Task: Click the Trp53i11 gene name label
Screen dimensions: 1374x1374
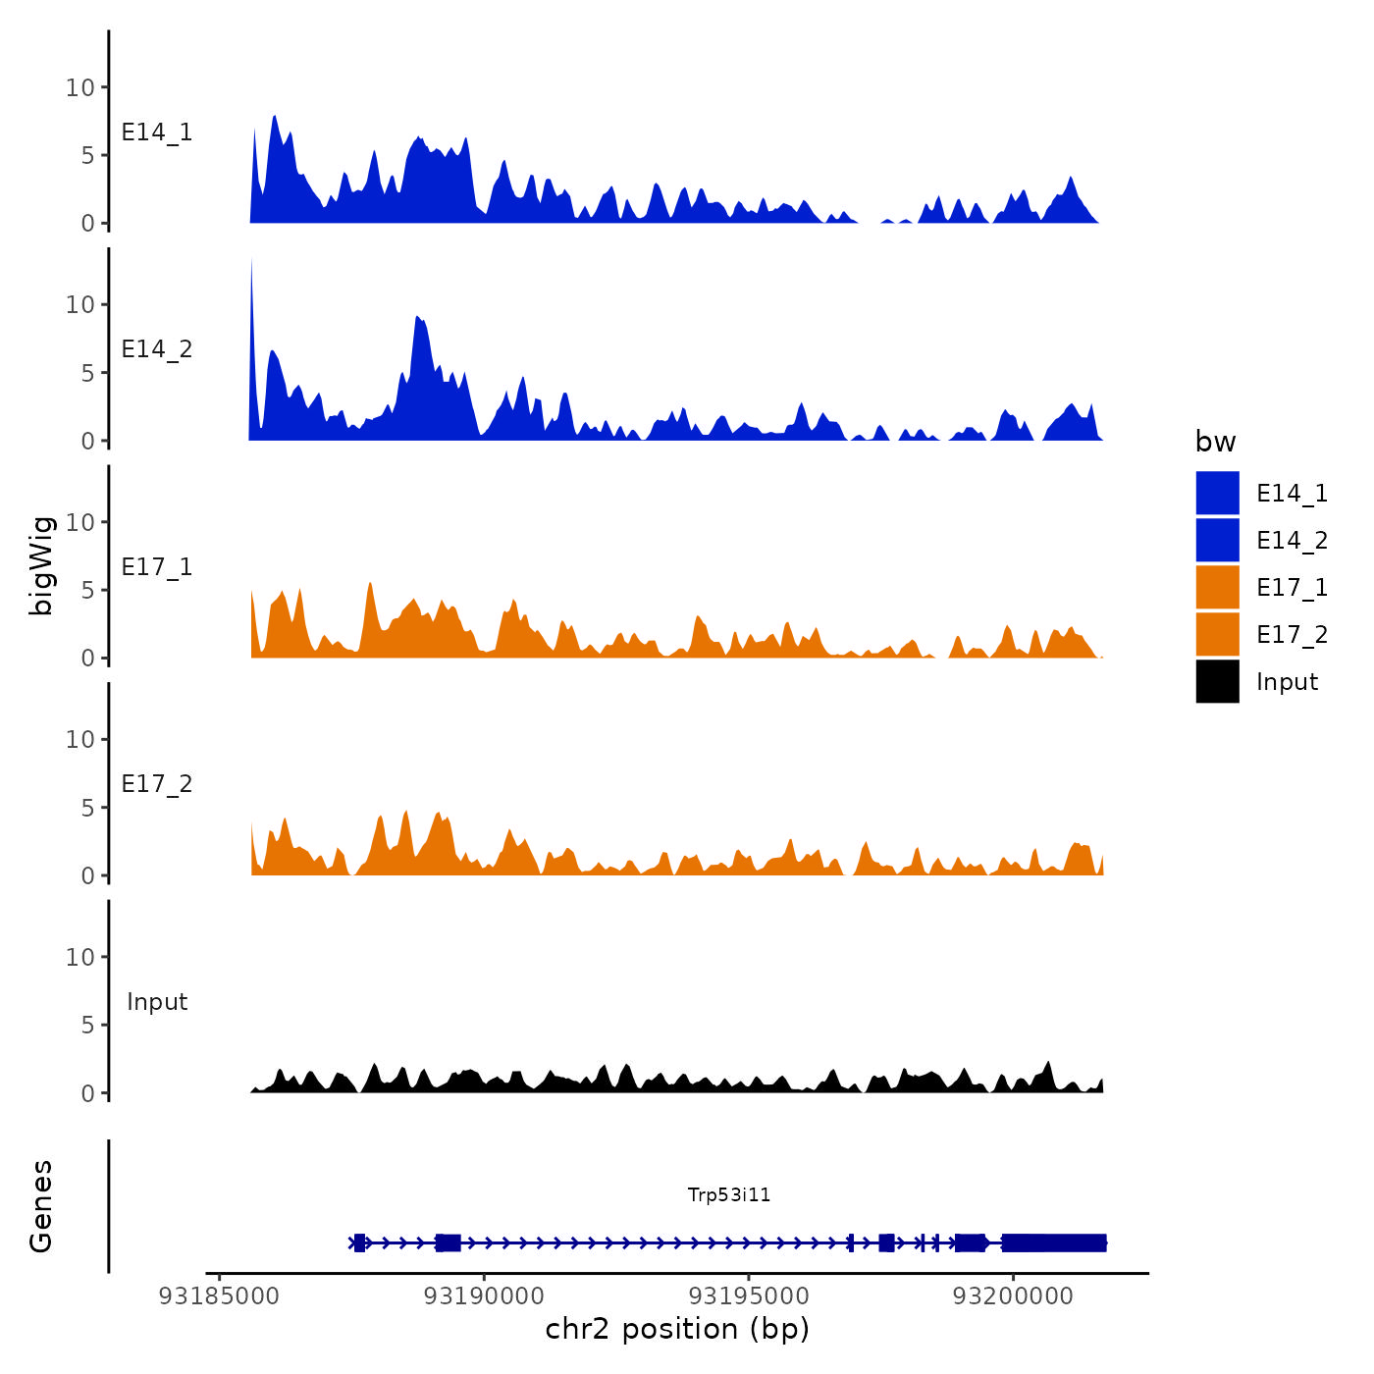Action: [x=729, y=1194]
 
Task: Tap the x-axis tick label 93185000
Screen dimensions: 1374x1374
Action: [x=219, y=1295]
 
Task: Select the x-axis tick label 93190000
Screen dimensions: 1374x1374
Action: [x=484, y=1295]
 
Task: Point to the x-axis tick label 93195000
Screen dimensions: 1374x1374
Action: [x=749, y=1295]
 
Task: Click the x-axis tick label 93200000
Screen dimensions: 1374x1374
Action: [x=1014, y=1295]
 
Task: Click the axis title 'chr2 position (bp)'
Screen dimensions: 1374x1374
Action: [x=677, y=1329]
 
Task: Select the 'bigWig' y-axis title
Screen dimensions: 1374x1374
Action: [x=41, y=565]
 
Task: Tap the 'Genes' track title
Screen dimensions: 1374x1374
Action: [x=41, y=1206]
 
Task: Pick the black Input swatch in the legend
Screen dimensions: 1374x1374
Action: [x=1217, y=681]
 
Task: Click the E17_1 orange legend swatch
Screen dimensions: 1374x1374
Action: [x=1217, y=587]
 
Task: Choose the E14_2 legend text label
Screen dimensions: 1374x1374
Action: [x=1292, y=540]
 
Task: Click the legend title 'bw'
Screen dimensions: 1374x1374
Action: [x=1215, y=442]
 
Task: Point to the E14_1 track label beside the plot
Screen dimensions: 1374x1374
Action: [x=157, y=132]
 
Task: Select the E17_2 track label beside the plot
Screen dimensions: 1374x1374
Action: [x=157, y=784]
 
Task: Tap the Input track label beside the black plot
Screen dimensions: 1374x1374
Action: [x=157, y=1002]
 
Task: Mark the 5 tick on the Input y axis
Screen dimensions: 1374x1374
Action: [x=89, y=1026]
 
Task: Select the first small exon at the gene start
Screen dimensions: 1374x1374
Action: [x=360, y=1242]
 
